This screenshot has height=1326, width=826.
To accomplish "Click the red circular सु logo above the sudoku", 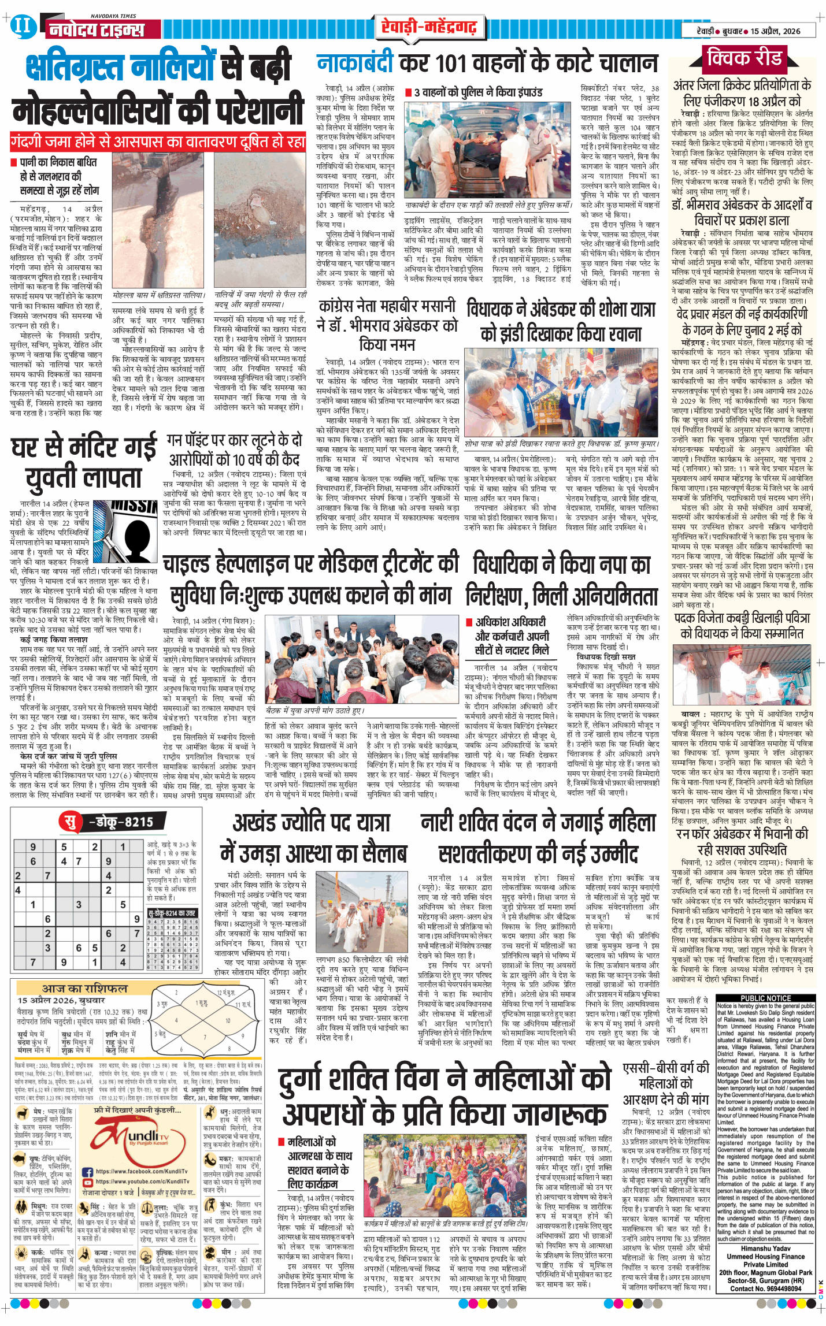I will pos(70,821).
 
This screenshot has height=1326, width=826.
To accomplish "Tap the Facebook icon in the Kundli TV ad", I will pos(88,1172).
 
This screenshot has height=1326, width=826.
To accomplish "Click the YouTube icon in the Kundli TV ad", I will pos(88,1182).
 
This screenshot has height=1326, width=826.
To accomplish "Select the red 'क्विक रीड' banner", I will pos(745,58).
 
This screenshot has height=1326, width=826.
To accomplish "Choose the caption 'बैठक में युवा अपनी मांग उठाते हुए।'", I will pos(315,711).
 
